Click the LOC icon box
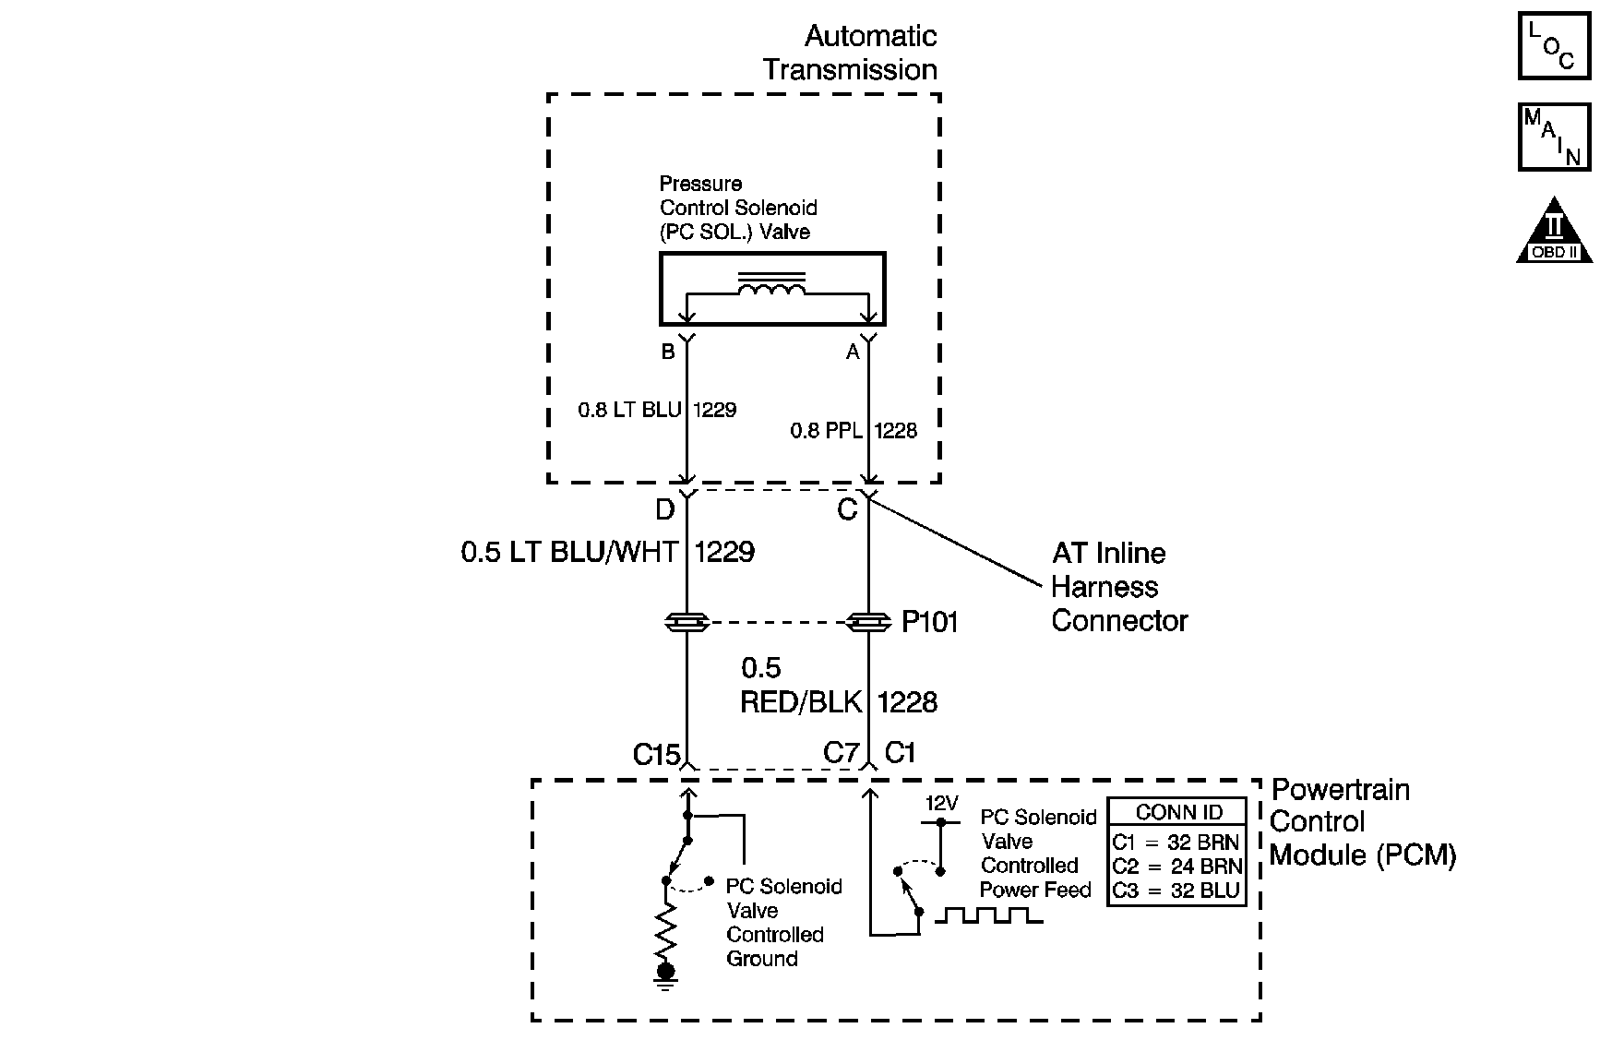(x=1554, y=44)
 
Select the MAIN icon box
(x=1554, y=137)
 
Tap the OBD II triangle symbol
(x=1555, y=230)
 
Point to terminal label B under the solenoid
(x=668, y=352)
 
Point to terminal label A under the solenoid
(x=853, y=352)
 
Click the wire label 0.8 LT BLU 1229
(x=657, y=410)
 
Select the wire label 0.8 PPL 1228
(x=854, y=431)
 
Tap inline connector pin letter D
(x=664, y=509)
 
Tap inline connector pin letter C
(x=847, y=509)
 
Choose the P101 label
(x=930, y=623)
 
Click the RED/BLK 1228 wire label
(x=839, y=702)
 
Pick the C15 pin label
(x=656, y=755)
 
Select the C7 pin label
(x=841, y=754)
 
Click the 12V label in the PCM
(x=942, y=804)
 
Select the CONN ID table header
(x=1178, y=813)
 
